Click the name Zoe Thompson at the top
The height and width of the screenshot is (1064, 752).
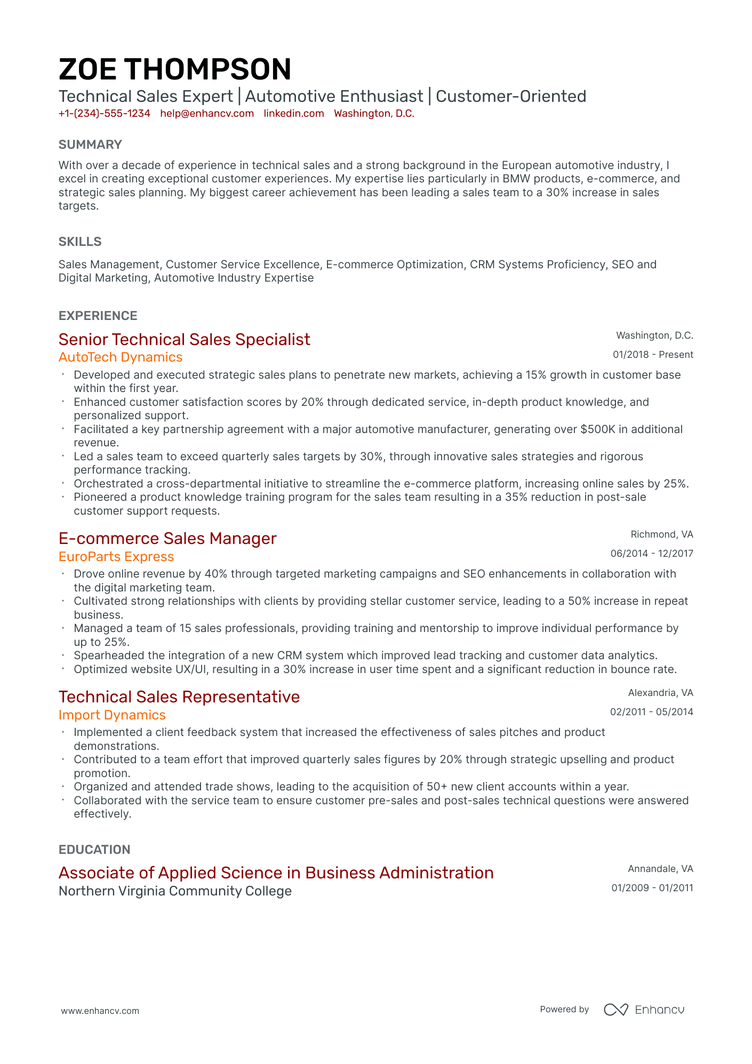(175, 69)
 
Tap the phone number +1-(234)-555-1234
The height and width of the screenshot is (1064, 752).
(105, 114)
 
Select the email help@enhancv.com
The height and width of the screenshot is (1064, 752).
(207, 114)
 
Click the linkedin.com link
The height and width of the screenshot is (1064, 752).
(294, 114)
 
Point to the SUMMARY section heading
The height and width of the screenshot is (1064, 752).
(90, 145)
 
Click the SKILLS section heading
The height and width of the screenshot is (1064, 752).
(80, 242)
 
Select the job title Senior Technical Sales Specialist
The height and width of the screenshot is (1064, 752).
(184, 340)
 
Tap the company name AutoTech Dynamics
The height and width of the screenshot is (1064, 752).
(121, 357)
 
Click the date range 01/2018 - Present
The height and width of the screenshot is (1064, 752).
(653, 355)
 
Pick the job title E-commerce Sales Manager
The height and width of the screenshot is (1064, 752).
(167, 539)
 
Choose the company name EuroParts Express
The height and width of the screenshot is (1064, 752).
(116, 557)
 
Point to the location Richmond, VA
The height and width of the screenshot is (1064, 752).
(662, 534)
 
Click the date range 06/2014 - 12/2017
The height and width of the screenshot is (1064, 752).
(652, 554)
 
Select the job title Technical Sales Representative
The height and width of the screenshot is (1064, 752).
(179, 697)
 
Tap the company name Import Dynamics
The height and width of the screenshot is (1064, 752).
(112, 715)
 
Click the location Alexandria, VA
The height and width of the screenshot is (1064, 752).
(660, 693)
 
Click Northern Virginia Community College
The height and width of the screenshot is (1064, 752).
(175, 891)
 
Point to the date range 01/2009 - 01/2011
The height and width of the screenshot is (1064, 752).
(652, 888)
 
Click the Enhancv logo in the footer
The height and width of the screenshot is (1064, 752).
(644, 1010)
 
